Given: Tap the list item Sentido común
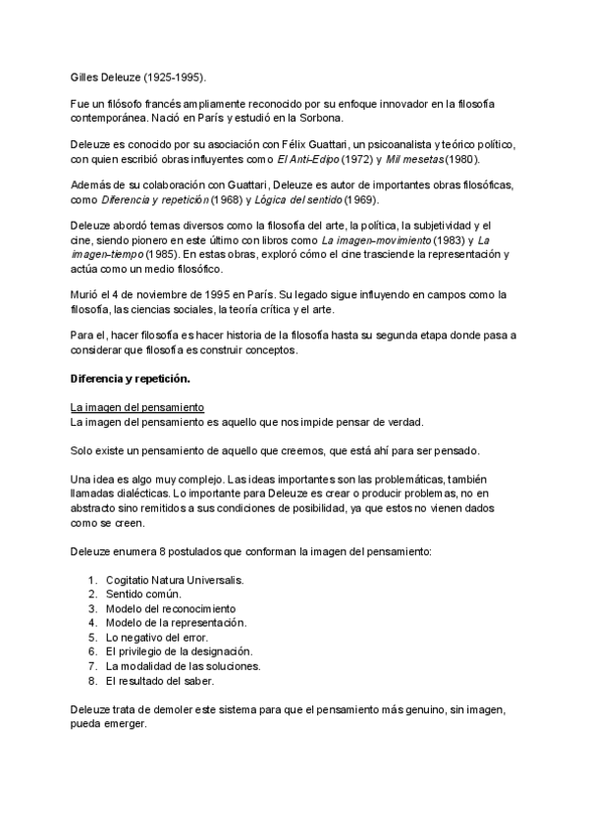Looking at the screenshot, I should (144, 595).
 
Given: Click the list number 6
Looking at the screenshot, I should (92, 650).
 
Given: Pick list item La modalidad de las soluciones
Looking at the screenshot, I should (182, 665).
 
